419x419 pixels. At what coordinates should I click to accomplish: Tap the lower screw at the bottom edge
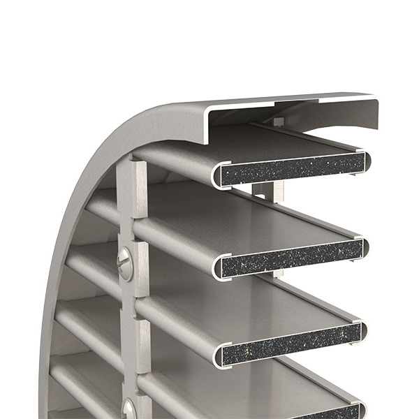point(129,409)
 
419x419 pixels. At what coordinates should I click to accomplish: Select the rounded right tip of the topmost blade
point(367,162)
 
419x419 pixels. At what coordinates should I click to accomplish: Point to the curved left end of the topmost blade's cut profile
point(217,175)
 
